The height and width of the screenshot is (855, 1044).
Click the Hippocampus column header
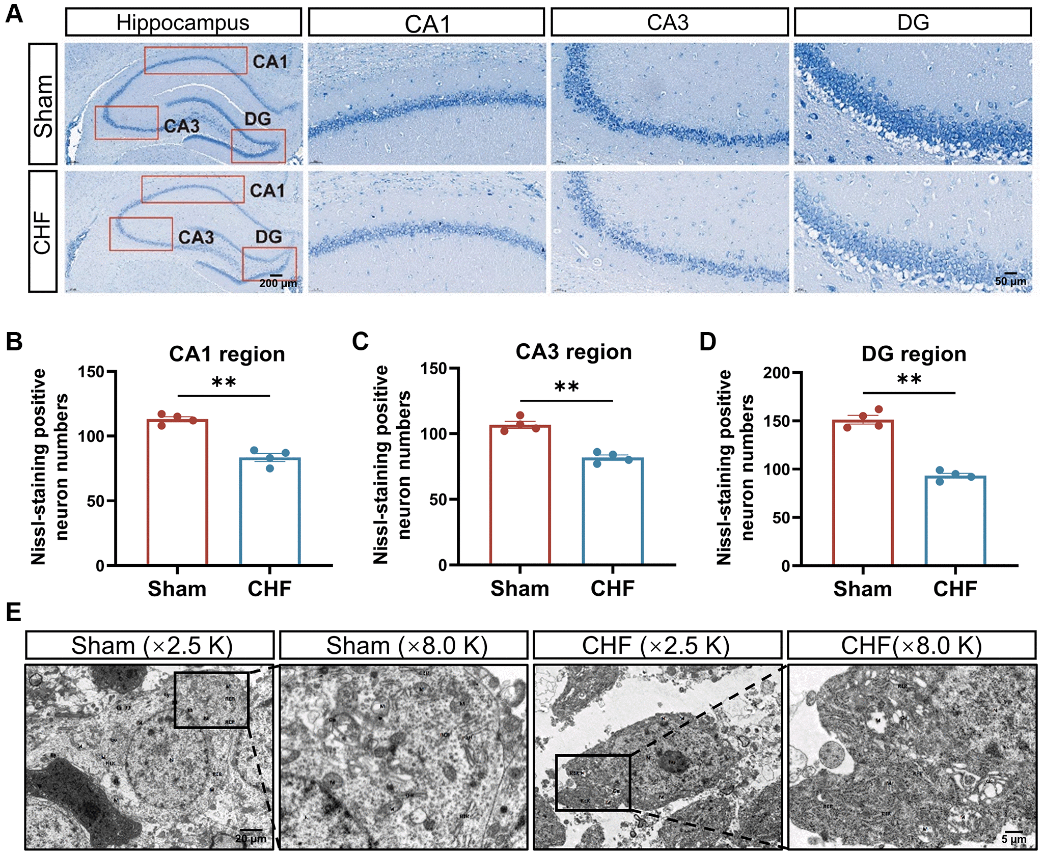tap(183, 22)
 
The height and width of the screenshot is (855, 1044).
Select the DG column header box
tap(913, 22)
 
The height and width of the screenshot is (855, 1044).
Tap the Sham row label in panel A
tap(43, 104)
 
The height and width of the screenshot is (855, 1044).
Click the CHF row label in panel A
tap(43, 232)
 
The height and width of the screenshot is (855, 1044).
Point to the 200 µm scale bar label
tap(278, 283)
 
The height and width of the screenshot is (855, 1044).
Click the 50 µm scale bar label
tap(1010, 281)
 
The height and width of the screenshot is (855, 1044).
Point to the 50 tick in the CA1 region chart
tap(95, 501)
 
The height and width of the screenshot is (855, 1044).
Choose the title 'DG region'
tap(914, 354)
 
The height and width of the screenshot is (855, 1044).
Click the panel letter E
tap(14, 612)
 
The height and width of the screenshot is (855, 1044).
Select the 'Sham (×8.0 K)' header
tap(407, 646)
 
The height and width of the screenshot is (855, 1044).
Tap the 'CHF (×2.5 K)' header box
tap(657, 646)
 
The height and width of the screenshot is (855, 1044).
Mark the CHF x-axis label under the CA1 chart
tap(269, 589)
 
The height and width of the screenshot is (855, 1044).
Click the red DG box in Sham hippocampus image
tap(258, 146)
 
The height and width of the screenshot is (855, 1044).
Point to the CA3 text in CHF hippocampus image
tap(196, 237)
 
